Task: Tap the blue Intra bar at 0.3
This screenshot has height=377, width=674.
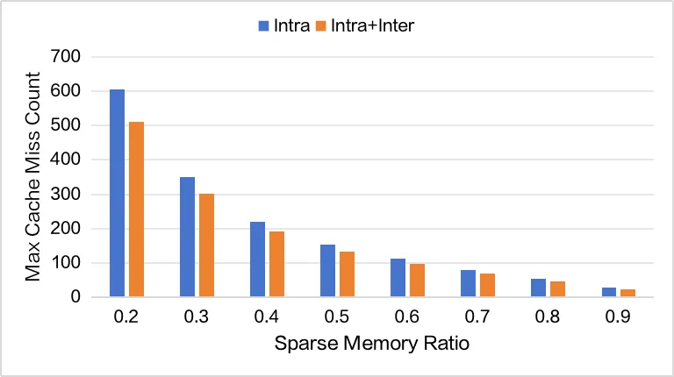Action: [188, 237]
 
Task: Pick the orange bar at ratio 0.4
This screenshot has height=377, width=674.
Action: [276, 264]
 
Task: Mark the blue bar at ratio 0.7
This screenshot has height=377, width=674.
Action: [469, 283]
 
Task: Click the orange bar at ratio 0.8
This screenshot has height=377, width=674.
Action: [557, 289]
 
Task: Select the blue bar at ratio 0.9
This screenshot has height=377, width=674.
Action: [609, 292]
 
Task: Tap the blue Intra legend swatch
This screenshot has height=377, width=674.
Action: [263, 26]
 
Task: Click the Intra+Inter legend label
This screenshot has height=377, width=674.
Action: [375, 26]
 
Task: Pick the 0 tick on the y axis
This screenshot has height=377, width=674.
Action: [75, 297]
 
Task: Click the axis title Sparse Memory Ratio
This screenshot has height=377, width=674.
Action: [372, 344]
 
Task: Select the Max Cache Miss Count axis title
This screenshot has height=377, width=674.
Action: [33, 177]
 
